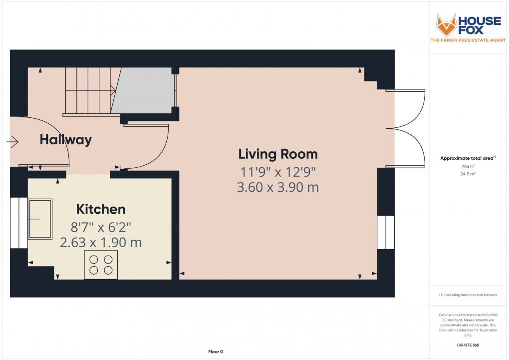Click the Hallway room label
click(66, 140)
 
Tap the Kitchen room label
click(100, 209)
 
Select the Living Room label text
click(277, 153)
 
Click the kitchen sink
click(40, 219)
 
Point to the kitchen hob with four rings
click(101, 264)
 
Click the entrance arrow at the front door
click(12, 143)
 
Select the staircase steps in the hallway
click(88, 90)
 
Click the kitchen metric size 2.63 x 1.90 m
click(101, 243)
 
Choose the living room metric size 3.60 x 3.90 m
click(277, 188)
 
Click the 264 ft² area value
click(468, 167)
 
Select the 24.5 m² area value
click(468, 175)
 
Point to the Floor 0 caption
click(216, 352)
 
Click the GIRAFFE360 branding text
click(468, 345)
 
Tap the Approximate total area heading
click(467, 158)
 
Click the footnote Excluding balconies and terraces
click(468, 295)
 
